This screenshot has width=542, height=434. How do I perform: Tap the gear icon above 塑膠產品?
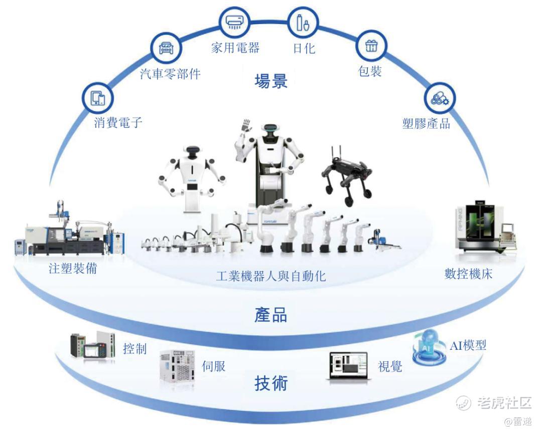coord(440,99)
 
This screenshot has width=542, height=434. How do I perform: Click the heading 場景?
coord(271,81)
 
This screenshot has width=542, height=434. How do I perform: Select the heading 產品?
coord(271,315)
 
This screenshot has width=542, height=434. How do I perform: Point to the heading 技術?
coord(271,383)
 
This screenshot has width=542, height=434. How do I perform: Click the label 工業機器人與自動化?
coord(270,276)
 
